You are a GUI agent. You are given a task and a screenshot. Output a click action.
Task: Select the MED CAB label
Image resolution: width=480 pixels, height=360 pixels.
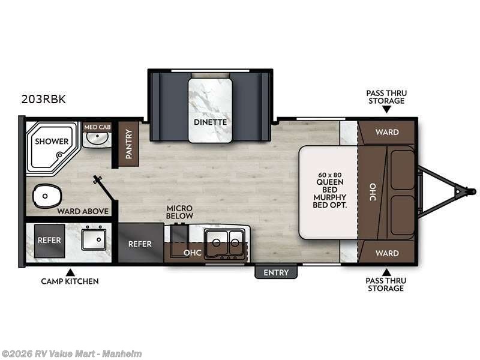97,127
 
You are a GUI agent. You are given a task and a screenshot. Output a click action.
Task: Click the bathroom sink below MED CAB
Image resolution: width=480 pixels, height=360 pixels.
96,140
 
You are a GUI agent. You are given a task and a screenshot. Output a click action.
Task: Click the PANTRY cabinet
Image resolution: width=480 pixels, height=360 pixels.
128,144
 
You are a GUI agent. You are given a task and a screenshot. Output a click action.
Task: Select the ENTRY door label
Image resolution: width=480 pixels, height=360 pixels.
276,272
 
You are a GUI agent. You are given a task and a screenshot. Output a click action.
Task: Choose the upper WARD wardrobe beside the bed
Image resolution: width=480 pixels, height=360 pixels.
386,132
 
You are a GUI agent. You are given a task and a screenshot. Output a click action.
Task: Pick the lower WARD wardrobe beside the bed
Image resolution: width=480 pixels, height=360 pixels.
386,253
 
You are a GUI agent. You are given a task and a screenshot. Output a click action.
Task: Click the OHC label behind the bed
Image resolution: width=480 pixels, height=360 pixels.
372,193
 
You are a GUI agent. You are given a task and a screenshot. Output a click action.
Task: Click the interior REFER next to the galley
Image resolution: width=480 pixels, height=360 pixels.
140,244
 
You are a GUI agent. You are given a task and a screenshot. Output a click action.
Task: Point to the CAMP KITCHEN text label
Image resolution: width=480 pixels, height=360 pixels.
70,281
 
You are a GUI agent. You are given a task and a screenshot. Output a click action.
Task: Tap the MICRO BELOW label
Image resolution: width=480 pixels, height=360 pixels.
179,212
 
